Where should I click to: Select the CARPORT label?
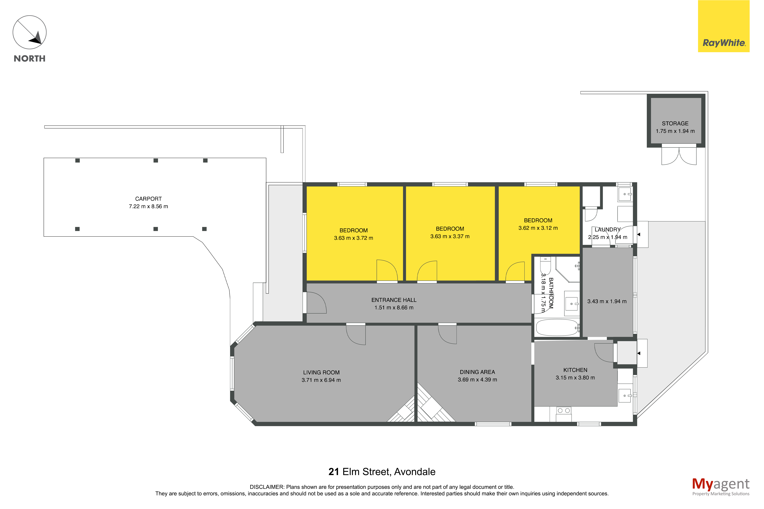click(x=148, y=199)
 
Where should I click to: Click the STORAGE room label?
click(x=675, y=123)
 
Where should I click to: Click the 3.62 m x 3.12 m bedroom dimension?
click(x=538, y=228)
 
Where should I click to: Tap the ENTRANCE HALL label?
click(x=394, y=300)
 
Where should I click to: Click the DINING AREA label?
click(x=477, y=372)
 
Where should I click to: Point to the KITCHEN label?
click(x=575, y=370)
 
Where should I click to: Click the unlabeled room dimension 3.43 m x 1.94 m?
click(x=607, y=301)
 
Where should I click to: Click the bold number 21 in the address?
click(x=334, y=472)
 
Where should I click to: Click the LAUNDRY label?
click(x=607, y=230)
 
